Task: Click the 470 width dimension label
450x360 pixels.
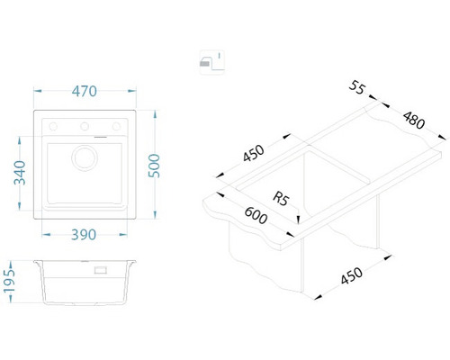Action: (85, 91)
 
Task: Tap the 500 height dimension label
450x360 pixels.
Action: (155, 166)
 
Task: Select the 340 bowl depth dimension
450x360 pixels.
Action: (20, 173)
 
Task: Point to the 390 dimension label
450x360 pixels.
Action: (84, 235)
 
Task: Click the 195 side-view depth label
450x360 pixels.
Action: (9, 281)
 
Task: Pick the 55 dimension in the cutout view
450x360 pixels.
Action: (357, 87)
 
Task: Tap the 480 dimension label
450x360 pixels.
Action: (414, 120)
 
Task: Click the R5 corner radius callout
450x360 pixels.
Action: (281, 199)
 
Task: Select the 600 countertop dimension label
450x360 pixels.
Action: (256, 215)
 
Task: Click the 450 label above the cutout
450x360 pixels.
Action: (254, 153)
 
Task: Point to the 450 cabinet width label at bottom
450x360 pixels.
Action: (352, 275)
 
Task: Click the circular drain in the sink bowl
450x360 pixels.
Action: (85, 157)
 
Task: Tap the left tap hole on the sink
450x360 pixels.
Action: (53, 126)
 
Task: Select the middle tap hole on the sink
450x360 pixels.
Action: (85, 126)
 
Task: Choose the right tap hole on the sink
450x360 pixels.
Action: (116, 126)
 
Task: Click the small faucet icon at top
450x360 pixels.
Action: (211, 62)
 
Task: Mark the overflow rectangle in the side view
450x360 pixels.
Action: (101, 270)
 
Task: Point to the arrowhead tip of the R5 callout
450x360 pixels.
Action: (298, 224)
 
